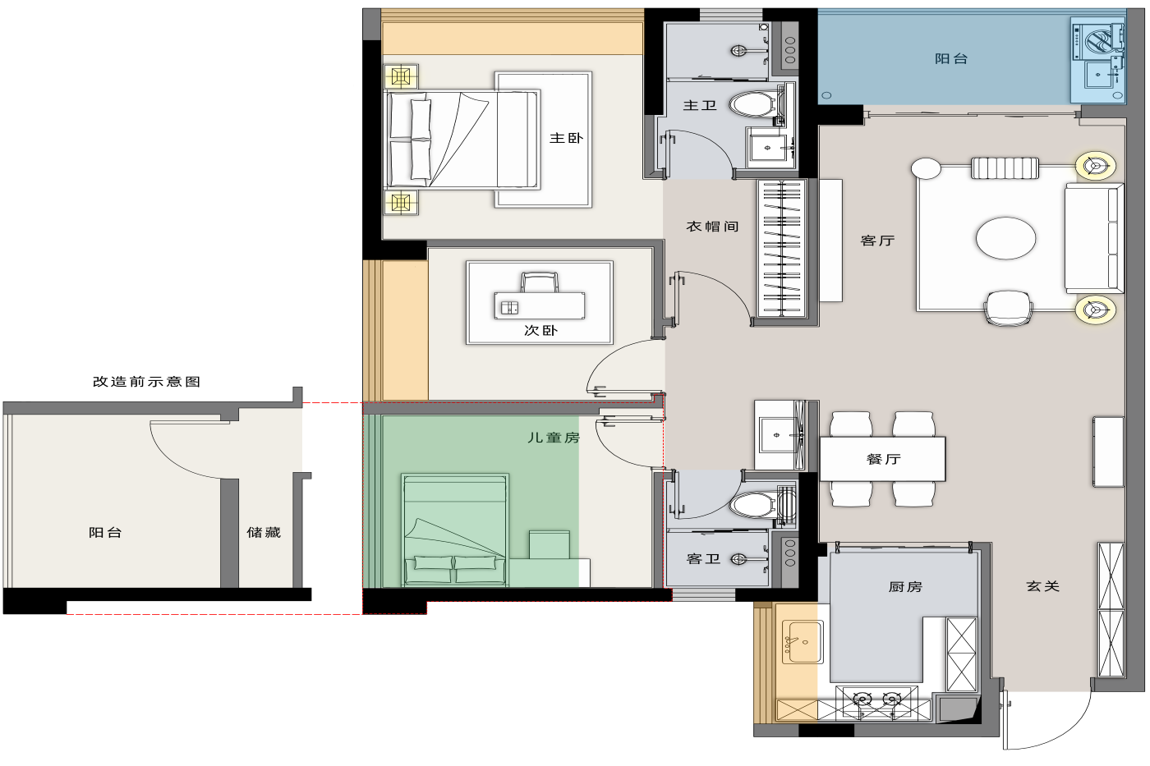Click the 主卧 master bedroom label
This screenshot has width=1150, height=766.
pyautogui.click(x=566, y=138)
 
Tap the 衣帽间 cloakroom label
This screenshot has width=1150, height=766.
pyautogui.click(x=713, y=227)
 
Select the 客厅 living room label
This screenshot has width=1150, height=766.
pyautogui.click(x=877, y=240)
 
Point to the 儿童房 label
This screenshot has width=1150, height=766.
pyautogui.click(x=554, y=438)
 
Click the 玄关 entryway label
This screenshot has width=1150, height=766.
pyautogui.click(x=1042, y=586)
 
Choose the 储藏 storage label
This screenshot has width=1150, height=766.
pyautogui.click(x=264, y=532)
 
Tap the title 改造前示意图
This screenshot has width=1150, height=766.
pyautogui.click(x=146, y=382)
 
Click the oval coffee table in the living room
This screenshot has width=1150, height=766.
pyautogui.click(x=1005, y=238)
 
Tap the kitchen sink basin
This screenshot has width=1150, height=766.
pyautogui.click(x=803, y=641)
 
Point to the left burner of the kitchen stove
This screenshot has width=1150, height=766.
pyautogui.click(x=862, y=699)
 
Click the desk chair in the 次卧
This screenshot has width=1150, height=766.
pyautogui.click(x=539, y=282)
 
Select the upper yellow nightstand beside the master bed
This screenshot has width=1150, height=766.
pyautogui.click(x=401, y=77)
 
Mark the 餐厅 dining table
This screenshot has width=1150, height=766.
pyautogui.click(x=882, y=459)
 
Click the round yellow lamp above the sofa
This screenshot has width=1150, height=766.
pyautogui.click(x=1095, y=166)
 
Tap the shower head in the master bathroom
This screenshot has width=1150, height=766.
pyautogui.click(x=738, y=50)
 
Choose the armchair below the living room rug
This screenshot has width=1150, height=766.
pyautogui.click(x=1008, y=308)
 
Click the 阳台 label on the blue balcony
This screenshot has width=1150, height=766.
pyautogui.click(x=951, y=59)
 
